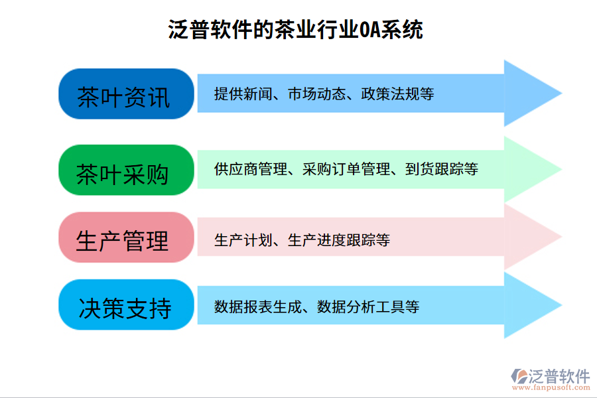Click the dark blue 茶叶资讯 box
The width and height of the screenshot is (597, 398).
[124, 94]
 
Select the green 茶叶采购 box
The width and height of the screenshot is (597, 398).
[124, 170]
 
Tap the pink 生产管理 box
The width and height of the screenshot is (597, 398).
[124, 238]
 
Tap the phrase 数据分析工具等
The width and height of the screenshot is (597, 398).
[368, 307]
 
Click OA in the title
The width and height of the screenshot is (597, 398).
[369, 30]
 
